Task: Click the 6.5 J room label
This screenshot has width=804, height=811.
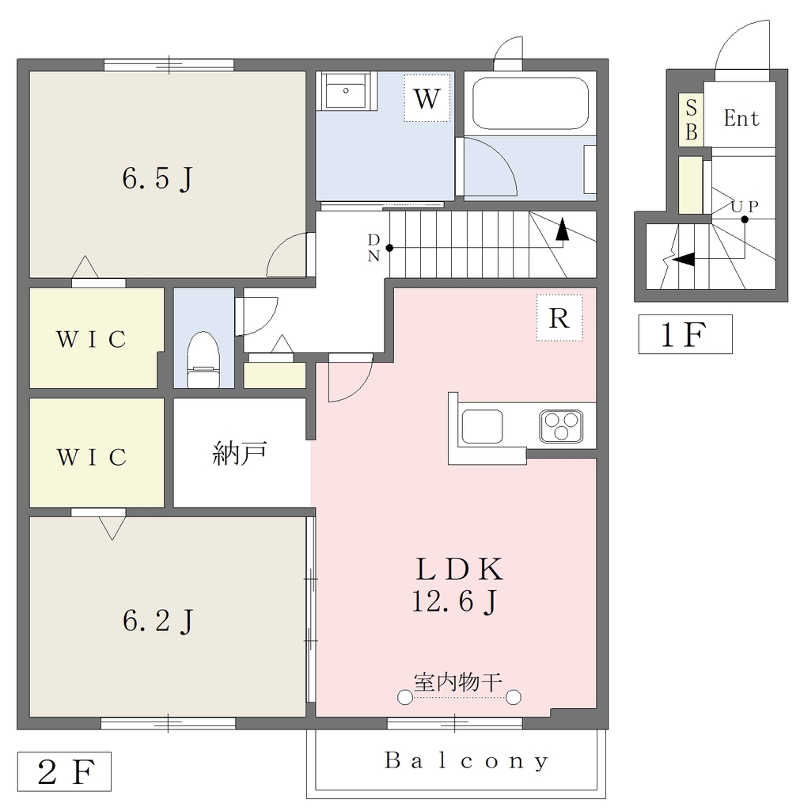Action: click(157, 179)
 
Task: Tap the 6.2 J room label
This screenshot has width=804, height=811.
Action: click(157, 621)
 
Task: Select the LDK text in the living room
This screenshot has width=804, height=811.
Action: click(459, 569)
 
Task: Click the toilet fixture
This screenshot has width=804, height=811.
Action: click(203, 360)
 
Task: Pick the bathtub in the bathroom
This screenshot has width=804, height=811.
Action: click(531, 103)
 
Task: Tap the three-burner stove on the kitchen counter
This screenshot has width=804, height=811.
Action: click(561, 426)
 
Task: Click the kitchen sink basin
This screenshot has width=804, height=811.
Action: click(482, 426)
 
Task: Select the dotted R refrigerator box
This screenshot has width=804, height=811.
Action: click(559, 318)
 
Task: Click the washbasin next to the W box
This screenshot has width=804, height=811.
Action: click(346, 90)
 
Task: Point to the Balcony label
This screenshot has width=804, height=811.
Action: click(467, 760)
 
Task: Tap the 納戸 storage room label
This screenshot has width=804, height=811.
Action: click(240, 453)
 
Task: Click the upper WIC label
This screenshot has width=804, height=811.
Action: click(92, 339)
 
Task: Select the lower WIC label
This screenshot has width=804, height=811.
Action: click(92, 457)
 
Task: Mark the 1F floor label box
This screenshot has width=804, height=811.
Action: click(685, 334)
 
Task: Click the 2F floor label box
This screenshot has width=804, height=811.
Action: click(65, 771)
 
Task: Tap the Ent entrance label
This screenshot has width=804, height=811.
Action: click(741, 119)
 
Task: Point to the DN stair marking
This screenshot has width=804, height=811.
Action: click(374, 248)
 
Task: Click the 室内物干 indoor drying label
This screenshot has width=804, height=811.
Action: click(458, 683)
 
